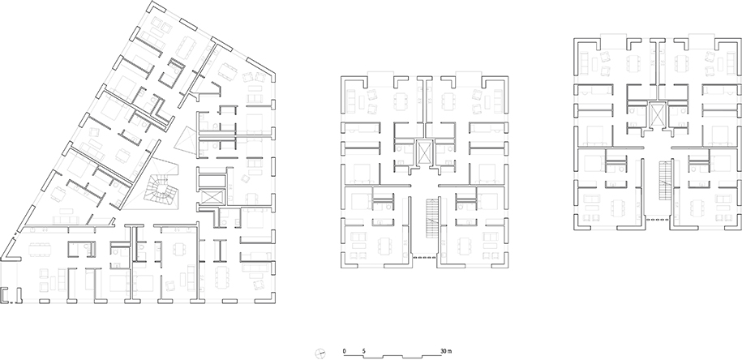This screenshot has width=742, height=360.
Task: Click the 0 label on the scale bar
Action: click(x=344, y=351)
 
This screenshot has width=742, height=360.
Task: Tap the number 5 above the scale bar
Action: click(x=364, y=351)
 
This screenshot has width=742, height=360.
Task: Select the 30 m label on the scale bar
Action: click(x=446, y=351)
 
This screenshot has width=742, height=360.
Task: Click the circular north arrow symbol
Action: click(x=320, y=353)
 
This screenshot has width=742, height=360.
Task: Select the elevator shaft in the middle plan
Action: click(x=424, y=152)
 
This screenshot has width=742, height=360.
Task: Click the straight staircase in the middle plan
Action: click(x=432, y=218)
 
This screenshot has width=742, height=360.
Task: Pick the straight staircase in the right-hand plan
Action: click(x=665, y=180)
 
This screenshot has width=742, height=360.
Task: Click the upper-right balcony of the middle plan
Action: click(x=470, y=78)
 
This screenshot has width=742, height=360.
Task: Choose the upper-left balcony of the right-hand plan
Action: click(x=612, y=41)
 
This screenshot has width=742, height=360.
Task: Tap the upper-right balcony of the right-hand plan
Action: click(x=701, y=41)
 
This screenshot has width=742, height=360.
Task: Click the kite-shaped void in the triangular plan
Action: click(x=186, y=140)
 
